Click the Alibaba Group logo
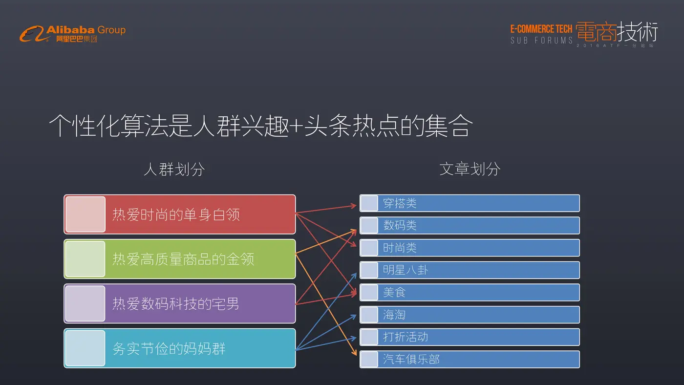[73, 34]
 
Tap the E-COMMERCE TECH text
[541, 29]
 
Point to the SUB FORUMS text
[541, 41]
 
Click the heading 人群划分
[174, 169]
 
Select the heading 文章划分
[470, 169]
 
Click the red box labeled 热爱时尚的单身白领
[180, 214]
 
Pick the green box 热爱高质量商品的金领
[180, 259]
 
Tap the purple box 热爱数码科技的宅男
[180, 303]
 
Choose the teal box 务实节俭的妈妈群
[180, 348]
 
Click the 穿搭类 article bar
[470, 203]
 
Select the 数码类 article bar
[470, 225]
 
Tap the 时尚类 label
[400, 248]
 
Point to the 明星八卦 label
[406, 270]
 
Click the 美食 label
[394, 292]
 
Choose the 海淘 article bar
[470, 315]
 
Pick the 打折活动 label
[406, 337]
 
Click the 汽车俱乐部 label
[411, 359]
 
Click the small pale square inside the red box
[85, 214]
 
